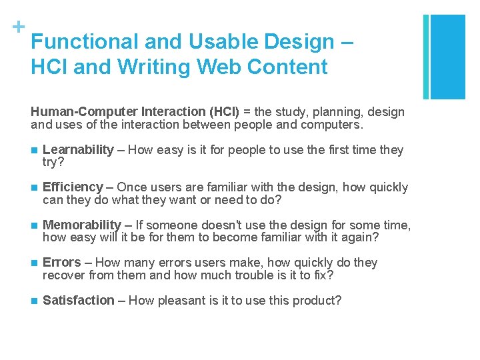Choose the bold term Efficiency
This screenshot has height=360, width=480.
tap(73, 187)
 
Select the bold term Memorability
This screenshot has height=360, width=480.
tap(82, 225)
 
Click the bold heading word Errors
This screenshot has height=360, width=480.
tap(61, 263)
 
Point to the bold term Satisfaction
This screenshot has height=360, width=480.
tap(79, 301)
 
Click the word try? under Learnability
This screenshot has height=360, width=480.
tap(53, 162)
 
